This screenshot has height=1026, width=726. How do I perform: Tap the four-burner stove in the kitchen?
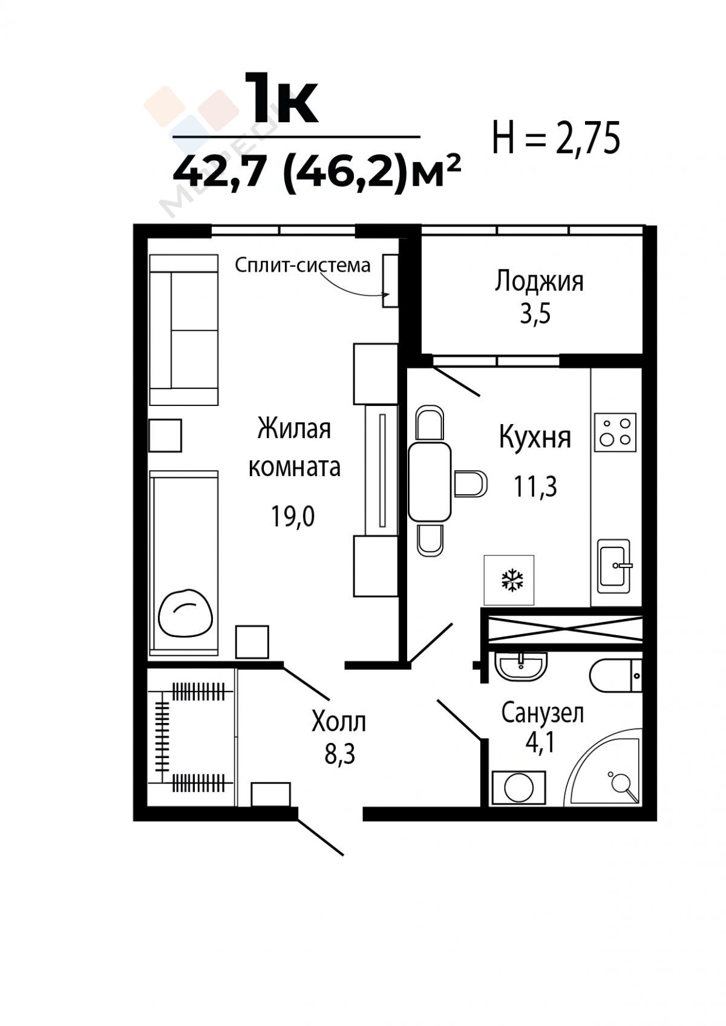[x=615, y=432]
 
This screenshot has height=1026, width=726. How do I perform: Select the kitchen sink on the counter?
[x=615, y=566]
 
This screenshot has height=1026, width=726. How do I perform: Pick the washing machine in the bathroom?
[x=518, y=788]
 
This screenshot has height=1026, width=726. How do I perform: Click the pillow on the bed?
[x=186, y=613]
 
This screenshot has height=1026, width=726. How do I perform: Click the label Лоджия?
[x=538, y=281]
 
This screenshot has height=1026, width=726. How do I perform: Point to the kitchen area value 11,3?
[x=535, y=486]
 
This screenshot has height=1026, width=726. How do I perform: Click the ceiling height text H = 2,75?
[x=556, y=137]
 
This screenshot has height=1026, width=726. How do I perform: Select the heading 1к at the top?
[x=281, y=99]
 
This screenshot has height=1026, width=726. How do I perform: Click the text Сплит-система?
[x=302, y=265]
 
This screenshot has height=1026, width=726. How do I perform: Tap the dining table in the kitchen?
[x=429, y=481]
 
